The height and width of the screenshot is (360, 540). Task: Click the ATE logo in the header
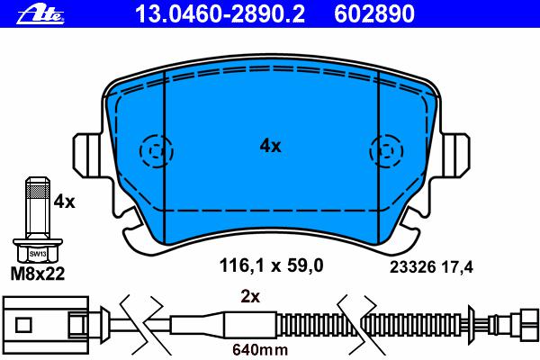click(x=40, y=15)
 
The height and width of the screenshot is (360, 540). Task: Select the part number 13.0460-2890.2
click(x=220, y=14)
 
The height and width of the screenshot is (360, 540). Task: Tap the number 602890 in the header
click(x=374, y=14)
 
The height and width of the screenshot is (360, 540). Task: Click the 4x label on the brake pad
click(x=270, y=147)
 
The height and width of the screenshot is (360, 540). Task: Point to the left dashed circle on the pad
click(x=156, y=151)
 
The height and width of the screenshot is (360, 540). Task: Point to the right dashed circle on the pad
click(x=386, y=151)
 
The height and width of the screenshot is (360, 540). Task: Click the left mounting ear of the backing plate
click(x=87, y=156)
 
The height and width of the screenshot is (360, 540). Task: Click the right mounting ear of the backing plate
click(x=455, y=156)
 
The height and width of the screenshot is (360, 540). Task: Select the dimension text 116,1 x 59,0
click(x=272, y=266)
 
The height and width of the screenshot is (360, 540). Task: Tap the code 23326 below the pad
click(x=413, y=267)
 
